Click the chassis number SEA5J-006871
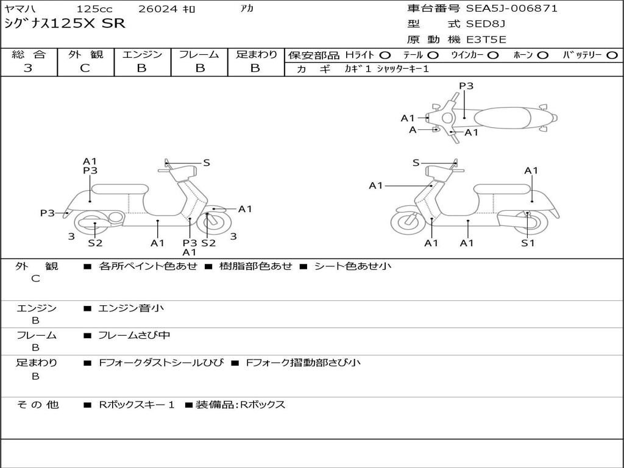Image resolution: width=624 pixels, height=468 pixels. (511, 9)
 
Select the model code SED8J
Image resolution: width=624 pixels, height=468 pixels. (486, 24)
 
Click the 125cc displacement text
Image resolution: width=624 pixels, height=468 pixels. (94, 9)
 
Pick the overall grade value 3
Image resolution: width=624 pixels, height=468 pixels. (28, 68)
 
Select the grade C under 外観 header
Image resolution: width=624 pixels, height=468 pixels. (85, 68)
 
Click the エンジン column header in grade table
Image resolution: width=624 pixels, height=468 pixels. (142, 55)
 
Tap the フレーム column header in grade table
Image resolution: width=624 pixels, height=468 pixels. (199, 55)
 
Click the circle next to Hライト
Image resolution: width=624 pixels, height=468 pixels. (385, 55)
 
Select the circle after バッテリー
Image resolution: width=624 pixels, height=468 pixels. (612, 55)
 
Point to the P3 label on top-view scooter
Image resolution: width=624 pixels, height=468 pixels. (466, 86)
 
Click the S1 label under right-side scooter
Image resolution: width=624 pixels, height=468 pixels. (528, 243)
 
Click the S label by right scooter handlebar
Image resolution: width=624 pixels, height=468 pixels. (416, 163)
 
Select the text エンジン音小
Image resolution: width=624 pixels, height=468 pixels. (131, 308)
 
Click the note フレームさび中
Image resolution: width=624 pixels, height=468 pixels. (134, 335)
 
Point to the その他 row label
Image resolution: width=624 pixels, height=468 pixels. (37, 405)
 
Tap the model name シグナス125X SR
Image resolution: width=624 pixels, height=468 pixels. (65, 24)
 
